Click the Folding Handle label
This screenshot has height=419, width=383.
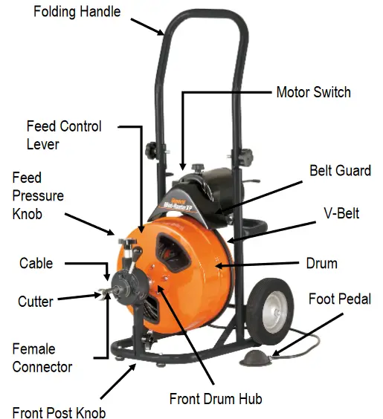(x=76, y=11)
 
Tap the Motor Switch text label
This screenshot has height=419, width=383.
(x=313, y=93)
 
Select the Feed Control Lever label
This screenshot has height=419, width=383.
(x=64, y=135)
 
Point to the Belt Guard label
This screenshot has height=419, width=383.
(x=340, y=171)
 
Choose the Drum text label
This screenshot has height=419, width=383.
(x=321, y=264)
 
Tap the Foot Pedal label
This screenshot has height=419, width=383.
(x=339, y=299)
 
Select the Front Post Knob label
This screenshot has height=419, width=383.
(x=59, y=412)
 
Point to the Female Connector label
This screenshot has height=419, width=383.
(x=42, y=357)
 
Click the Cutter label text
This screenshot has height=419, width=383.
(x=35, y=302)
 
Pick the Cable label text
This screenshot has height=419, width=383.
(x=36, y=264)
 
